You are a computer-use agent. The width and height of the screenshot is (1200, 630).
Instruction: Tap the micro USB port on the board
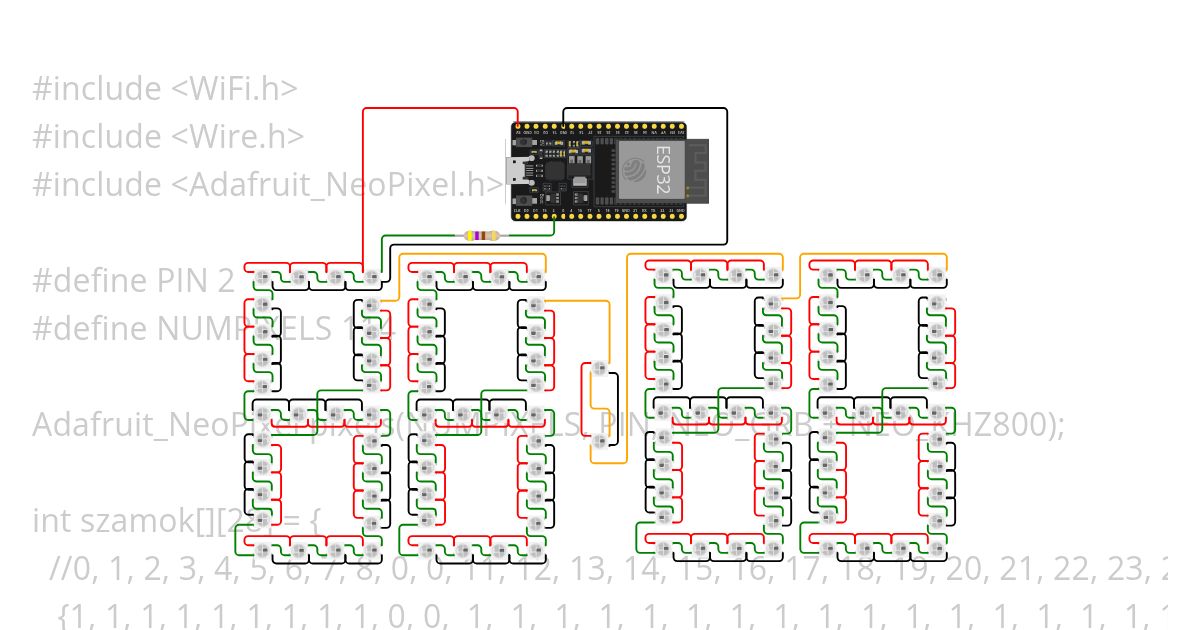[x=517, y=171]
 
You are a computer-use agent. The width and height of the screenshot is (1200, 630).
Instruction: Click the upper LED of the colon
[x=600, y=368]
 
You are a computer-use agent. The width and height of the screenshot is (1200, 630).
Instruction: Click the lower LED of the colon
[x=600, y=440]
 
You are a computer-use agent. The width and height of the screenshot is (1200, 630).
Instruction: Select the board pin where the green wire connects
[x=553, y=213]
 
